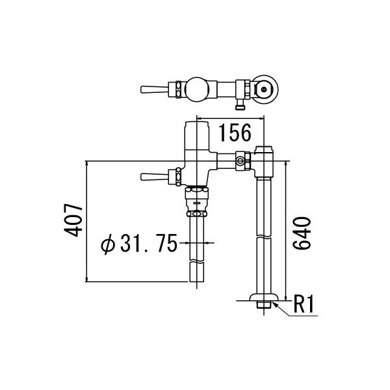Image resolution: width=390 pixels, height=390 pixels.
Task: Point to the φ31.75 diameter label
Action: pyautogui.click(x=139, y=244)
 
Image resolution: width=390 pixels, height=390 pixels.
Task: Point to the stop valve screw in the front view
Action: pyautogui.click(x=242, y=160)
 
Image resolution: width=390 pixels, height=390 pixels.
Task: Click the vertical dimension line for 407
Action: pyautogui.click(x=86, y=220)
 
